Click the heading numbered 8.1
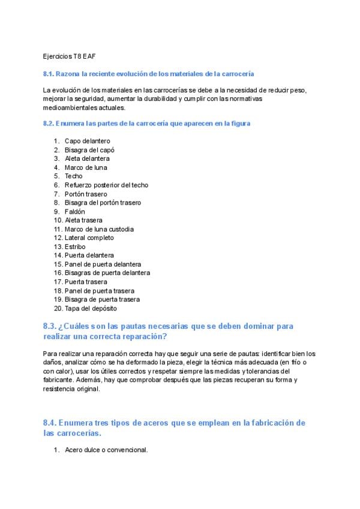pyautogui.click(x=148, y=74)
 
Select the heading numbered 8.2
pyautogui.click(x=146, y=123)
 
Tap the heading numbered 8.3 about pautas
pyautogui.click(x=168, y=331)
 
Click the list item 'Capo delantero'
pyautogui.click(x=87, y=141)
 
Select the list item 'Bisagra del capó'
pyautogui.click(x=89, y=150)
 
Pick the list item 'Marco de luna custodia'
pyautogui.click(x=99, y=229)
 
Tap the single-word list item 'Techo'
pyautogui.click(x=74, y=176)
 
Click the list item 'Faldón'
pyautogui.click(x=75, y=211)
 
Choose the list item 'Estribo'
pyautogui.click(x=75, y=247)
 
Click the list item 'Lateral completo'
pyautogui.click(x=89, y=238)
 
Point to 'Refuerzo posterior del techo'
pyautogui.click(x=106, y=185)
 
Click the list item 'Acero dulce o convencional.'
pyautogui.click(x=106, y=450)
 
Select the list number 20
pyautogui.click(x=58, y=309)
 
